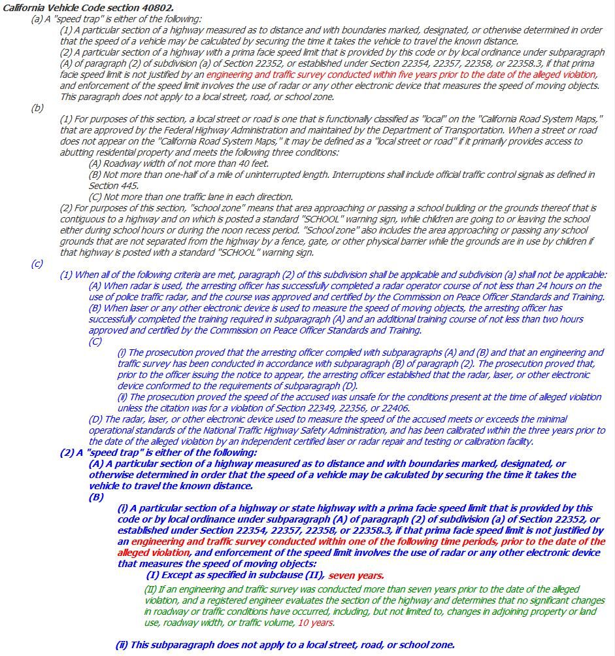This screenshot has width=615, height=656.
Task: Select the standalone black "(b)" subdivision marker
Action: coord(37,108)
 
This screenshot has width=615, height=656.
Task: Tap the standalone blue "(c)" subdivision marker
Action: coord(37,264)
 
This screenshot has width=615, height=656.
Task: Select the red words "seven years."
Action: coord(356,576)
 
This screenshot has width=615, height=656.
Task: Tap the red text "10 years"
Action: coord(316,623)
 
